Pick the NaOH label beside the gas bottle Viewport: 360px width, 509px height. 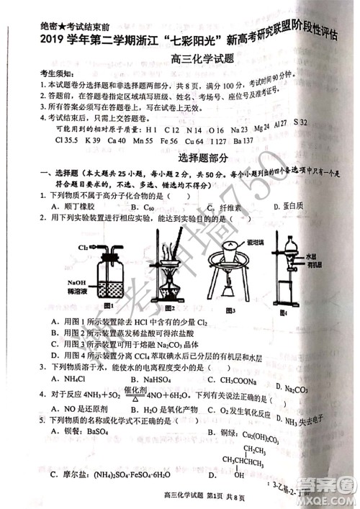point(78,282)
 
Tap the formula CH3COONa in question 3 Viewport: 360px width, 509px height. point(230,379)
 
